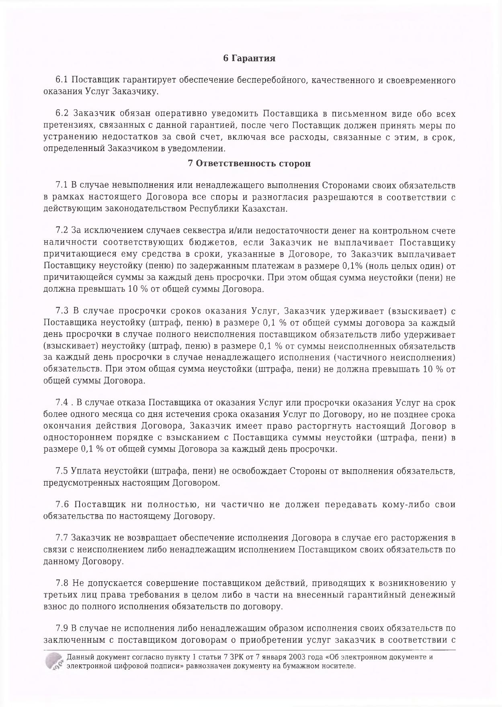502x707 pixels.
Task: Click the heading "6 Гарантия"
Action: [x=249, y=58]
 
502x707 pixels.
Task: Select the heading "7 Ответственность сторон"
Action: [x=249, y=164]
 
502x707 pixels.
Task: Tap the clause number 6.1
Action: [x=62, y=80]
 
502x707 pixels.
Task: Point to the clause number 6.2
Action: [x=62, y=114]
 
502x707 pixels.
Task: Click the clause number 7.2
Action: [x=62, y=231]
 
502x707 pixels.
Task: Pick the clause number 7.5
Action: [x=62, y=471]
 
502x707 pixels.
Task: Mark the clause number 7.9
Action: [x=62, y=628]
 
